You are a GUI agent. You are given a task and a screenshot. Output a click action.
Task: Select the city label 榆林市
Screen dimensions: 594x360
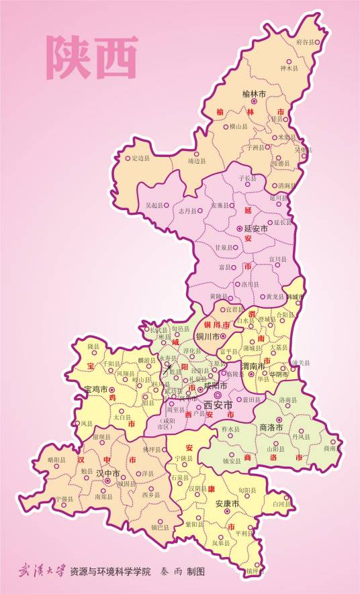pos(254,93)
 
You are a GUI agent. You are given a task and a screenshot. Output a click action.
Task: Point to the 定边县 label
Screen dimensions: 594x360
pos(142,158)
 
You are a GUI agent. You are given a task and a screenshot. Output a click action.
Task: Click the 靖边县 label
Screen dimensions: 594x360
pos(195,161)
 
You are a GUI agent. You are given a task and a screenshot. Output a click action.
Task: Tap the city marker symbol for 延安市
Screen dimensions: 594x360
pos(240,229)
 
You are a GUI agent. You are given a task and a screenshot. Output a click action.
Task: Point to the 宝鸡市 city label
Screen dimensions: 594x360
pos(96,389)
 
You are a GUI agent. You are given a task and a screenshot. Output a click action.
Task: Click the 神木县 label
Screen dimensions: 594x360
pos(288,68)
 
